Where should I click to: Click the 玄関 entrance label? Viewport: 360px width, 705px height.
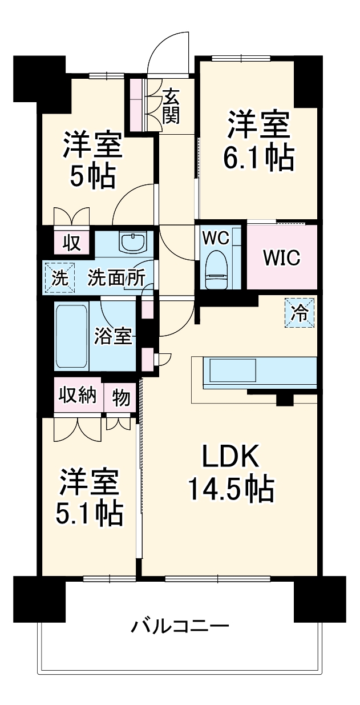[171, 106]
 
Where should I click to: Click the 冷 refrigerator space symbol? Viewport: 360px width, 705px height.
[300, 312]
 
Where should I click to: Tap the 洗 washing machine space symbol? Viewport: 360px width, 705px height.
[59, 277]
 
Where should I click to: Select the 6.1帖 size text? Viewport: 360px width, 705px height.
[258, 158]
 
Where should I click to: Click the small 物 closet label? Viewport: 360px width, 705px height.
[121, 397]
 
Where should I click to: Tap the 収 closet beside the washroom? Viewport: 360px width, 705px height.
[72, 243]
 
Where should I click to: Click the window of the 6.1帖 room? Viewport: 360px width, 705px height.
[241, 58]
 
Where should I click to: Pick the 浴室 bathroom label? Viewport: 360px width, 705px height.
[113, 336]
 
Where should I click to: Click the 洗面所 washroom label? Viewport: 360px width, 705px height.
[116, 278]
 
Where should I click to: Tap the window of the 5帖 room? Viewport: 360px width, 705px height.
[106, 75]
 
